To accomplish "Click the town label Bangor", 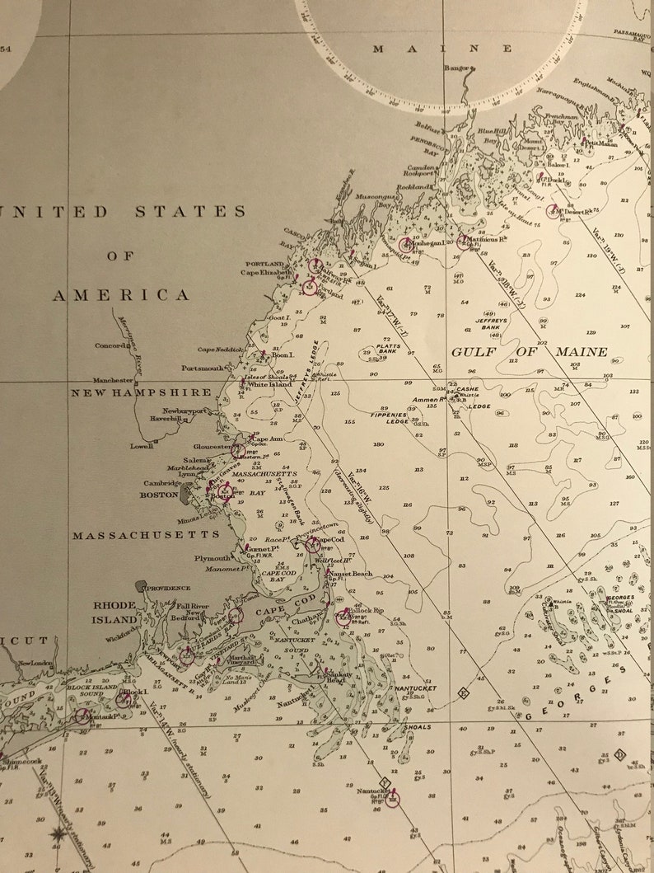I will [x=456, y=68].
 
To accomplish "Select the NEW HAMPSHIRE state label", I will [x=141, y=392].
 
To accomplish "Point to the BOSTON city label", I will [x=159, y=495].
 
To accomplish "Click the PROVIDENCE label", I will [x=168, y=589].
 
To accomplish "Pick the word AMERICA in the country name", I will [x=122, y=295].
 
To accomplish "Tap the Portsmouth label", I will [x=203, y=368].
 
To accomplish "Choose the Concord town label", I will [x=112, y=346].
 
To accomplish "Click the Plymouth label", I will [x=213, y=558].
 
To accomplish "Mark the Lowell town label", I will [x=142, y=446].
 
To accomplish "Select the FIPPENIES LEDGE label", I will [x=390, y=417].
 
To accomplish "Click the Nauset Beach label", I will [x=351, y=573].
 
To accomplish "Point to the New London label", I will [x=35, y=663].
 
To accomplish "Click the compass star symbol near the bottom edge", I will [x=58, y=835].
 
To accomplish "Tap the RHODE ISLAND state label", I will [x=114, y=612].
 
